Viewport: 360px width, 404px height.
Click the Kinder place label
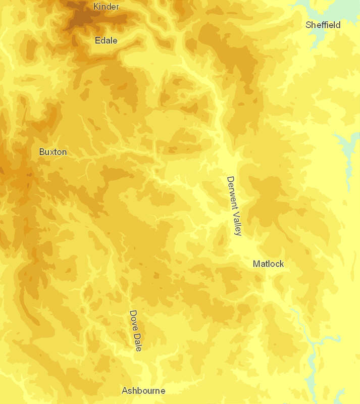[x=106, y=6]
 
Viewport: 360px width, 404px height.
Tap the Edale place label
[x=106, y=40]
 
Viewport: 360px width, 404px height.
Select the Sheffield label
[x=323, y=25]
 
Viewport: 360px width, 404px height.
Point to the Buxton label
[x=53, y=151]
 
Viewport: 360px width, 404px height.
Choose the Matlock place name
[x=268, y=264]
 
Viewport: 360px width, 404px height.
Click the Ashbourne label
[x=143, y=390]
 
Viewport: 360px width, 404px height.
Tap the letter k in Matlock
[x=282, y=264]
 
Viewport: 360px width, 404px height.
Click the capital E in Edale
[x=97, y=40]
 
